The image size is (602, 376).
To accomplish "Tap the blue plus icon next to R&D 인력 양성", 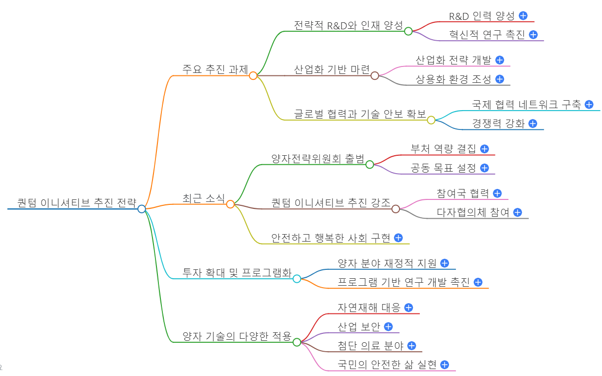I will point(523,15).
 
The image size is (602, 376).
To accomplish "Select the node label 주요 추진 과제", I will point(215,69).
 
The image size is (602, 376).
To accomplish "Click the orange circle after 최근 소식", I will point(230,204).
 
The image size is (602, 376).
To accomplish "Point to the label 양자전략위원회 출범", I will point(317,159).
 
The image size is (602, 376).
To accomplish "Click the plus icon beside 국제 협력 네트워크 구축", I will point(589,104).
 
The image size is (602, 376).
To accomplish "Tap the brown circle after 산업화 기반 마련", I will point(375,75).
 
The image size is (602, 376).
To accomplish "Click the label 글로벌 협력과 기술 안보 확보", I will point(360,114).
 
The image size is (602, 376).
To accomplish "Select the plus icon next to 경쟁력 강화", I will point(533,124).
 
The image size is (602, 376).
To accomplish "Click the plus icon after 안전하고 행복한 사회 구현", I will point(398,238).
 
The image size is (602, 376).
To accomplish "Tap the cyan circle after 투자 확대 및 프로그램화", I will point(297,279).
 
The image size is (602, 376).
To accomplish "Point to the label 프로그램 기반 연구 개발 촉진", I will point(403,282).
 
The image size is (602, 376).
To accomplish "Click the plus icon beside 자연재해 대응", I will point(408,308).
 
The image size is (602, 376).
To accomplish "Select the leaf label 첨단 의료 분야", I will point(370,346).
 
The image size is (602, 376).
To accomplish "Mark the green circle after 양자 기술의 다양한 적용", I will point(297,342).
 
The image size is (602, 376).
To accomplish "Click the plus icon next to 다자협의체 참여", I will point(517,212).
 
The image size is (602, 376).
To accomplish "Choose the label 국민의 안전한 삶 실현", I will point(387,365).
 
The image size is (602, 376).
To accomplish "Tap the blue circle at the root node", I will point(142,209).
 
